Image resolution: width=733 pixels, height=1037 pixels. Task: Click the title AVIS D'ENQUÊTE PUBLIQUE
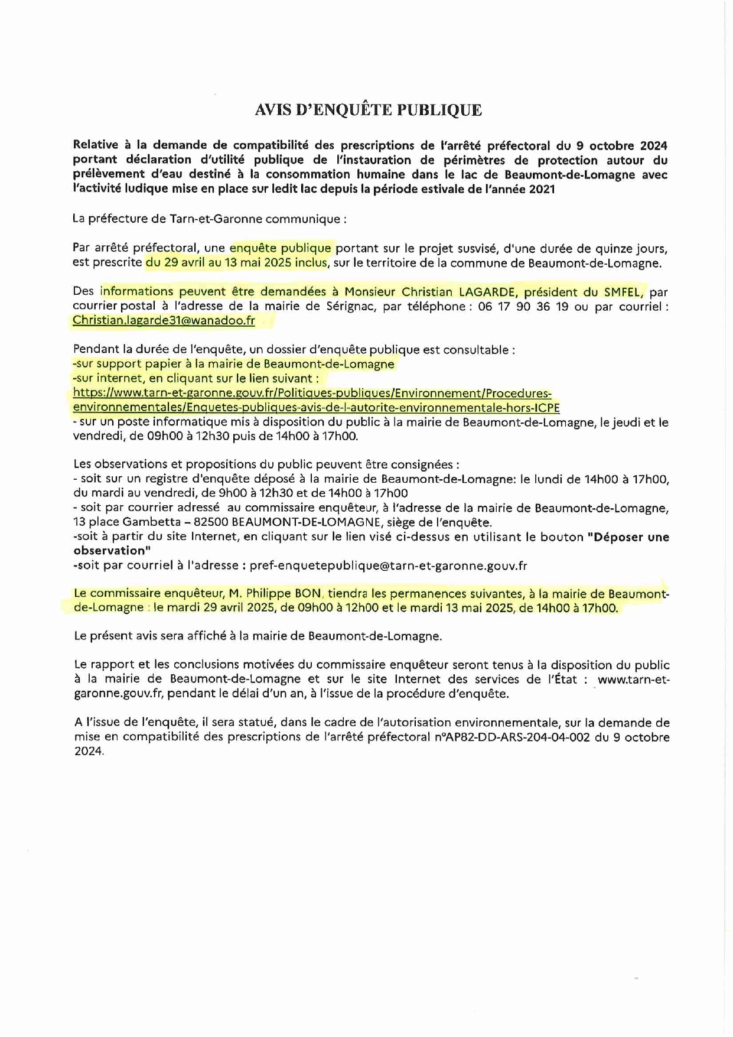pyautogui.click(x=368, y=110)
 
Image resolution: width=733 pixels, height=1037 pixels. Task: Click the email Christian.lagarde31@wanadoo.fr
pyautogui.click(x=164, y=320)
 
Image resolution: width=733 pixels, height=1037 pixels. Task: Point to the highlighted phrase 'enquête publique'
pyautogui.click(x=281, y=248)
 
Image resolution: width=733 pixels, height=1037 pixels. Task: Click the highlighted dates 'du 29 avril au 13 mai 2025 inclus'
pyautogui.click(x=236, y=262)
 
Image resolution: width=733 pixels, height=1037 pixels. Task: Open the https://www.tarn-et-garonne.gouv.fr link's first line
pyautogui.click(x=312, y=394)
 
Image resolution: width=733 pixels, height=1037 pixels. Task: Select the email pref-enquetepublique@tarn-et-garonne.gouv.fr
pyautogui.click(x=388, y=565)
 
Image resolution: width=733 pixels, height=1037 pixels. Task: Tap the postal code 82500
pyautogui.click(x=211, y=522)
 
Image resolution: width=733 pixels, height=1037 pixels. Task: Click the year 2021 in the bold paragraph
pyautogui.click(x=542, y=189)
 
